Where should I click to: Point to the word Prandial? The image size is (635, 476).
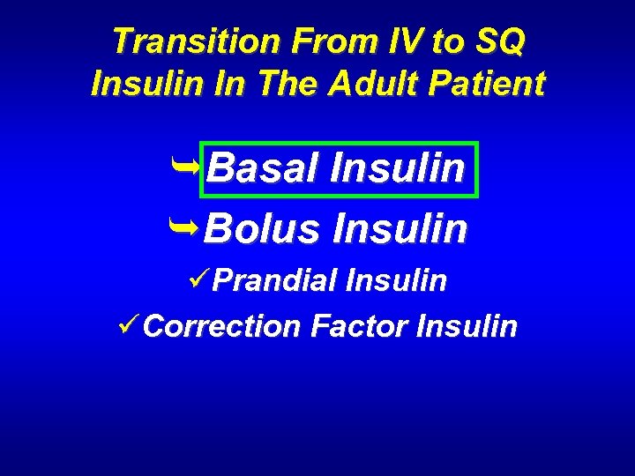coord(275,281)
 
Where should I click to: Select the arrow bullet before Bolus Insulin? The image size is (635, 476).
coord(186,227)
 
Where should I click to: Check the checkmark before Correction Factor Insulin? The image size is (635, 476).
coord(129,325)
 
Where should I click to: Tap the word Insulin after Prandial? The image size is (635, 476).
coord(397,281)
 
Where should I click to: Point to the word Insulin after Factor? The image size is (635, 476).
coord(467,326)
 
